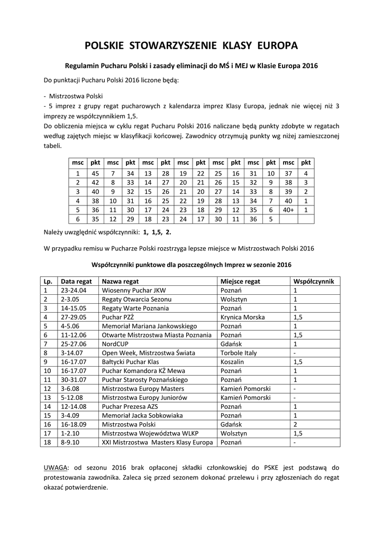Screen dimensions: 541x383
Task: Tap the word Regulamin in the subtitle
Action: coord(82,67)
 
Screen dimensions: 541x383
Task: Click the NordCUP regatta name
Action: coord(115,344)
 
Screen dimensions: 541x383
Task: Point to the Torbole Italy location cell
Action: coord(241,353)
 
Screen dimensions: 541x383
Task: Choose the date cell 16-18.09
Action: coord(74,424)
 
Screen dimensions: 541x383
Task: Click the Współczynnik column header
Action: coord(313,282)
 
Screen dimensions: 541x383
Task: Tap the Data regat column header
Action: coord(77,282)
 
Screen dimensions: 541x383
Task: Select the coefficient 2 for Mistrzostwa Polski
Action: coord(295,424)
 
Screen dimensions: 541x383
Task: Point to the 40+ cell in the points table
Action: coord(288,209)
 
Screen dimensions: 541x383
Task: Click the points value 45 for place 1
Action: coord(96,173)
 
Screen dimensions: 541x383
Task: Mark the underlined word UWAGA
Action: coord(54,468)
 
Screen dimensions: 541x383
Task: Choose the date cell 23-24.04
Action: coord(74,291)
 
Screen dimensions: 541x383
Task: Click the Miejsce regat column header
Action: coord(240,282)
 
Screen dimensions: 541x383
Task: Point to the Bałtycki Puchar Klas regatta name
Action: coord(132,362)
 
